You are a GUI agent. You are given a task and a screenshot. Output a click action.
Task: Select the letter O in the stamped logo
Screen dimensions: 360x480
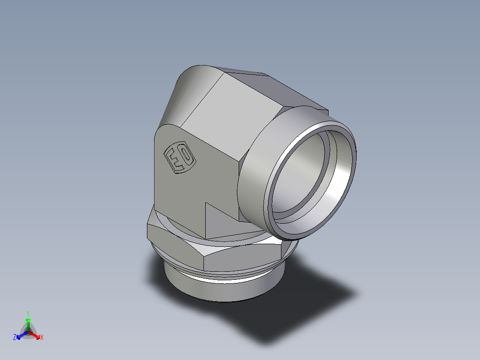[186, 157]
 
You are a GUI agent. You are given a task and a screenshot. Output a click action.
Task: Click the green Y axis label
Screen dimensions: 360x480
[28, 313]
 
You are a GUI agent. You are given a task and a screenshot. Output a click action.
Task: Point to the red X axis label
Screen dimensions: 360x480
[42, 338]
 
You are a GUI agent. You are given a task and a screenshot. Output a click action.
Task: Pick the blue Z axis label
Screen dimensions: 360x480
[15, 338]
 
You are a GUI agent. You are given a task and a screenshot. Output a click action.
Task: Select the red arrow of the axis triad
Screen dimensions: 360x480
[36, 335]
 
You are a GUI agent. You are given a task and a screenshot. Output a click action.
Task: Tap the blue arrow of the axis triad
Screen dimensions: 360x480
[20, 335]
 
